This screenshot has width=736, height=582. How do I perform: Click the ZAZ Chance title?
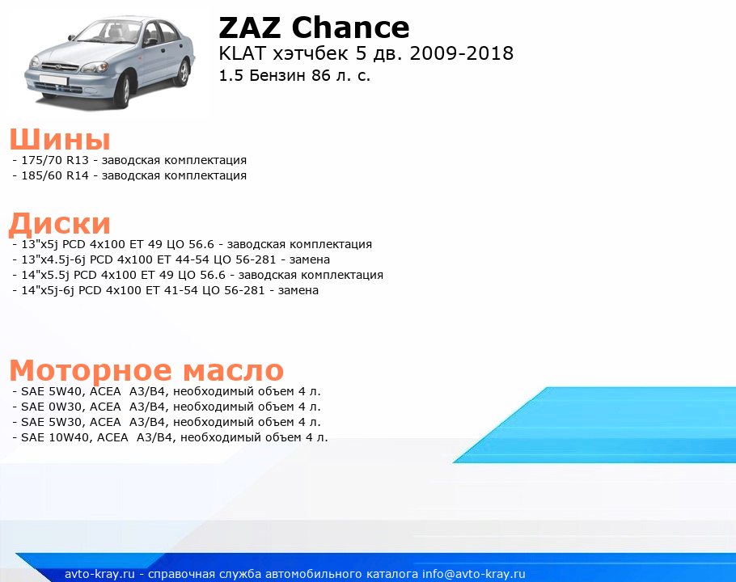click(x=314, y=27)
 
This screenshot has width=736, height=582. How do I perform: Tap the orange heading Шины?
click(x=60, y=139)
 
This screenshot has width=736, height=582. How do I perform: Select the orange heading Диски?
click(x=60, y=224)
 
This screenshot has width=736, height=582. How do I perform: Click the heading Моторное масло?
click(x=146, y=370)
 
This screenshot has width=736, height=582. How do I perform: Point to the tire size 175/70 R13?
click(x=55, y=160)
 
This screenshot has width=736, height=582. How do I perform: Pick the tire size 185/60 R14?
click(x=55, y=175)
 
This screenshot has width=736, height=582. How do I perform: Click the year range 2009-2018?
click(x=461, y=53)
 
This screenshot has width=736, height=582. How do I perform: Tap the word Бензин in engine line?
click(x=278, y=75)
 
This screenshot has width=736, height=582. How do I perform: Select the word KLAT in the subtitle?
click(x=242, y=53)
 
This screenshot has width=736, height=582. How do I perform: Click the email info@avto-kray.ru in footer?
click(x=474, y=574)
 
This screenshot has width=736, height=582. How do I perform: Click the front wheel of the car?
click(x=123, y=92)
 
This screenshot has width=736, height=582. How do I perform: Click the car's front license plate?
click(x=53, y=79)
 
